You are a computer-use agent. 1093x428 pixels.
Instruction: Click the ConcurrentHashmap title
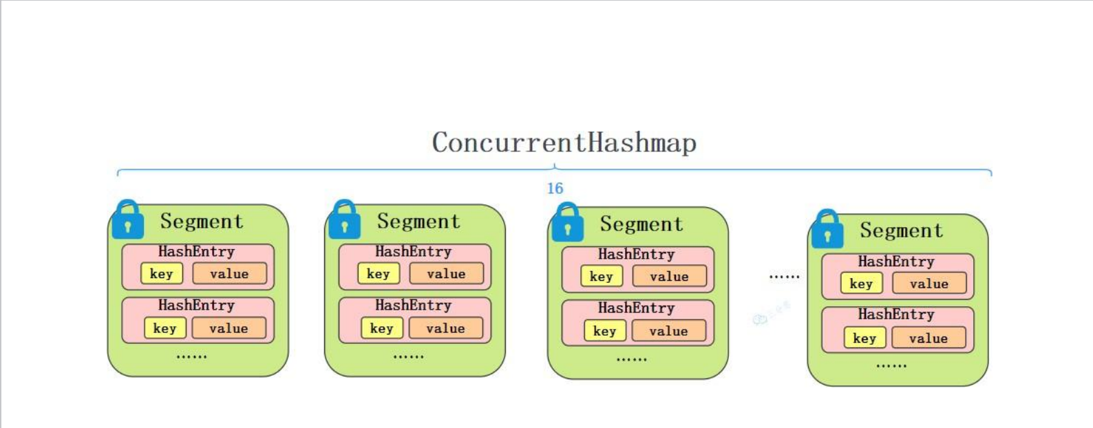[x=564, y=142]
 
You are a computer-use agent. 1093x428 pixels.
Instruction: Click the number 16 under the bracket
[x=555, y=189]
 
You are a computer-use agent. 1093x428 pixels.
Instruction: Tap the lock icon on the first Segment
[x=128, y=220]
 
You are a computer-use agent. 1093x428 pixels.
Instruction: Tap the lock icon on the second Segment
[x=345, y=220]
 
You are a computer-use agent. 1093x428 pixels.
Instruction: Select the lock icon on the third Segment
[x=568, y=222]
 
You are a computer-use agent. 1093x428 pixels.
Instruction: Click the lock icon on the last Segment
[x=827, y=229]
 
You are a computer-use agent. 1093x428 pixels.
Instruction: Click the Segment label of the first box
[x=202, y=221]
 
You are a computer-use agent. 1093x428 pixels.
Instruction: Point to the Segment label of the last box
[x=901, y=231]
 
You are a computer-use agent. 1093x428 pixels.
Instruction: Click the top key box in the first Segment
[x=162, y=273]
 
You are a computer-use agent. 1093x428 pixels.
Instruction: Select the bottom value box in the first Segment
[x=229, y=328]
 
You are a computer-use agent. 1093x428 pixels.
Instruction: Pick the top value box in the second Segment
[x=446, y=273]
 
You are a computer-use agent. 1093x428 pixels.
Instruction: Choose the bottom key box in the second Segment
[x=381, y=328]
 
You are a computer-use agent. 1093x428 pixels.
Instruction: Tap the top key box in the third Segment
[x=601, y=276]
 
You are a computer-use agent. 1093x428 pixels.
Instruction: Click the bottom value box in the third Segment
[x=668, y=331]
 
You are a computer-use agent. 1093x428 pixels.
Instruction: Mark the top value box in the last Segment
[x=929, y=283]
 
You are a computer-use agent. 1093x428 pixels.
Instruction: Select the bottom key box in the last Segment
[x=864, y=338]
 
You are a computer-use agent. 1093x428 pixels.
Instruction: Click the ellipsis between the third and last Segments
[x=784, y=277]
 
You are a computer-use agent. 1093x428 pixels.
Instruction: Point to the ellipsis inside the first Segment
[x=191, y=356]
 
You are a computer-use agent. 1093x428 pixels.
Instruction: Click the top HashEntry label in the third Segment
[x=636, y=255]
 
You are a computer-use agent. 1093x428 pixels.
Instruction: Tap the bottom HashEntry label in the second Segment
[x=413, y=305]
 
